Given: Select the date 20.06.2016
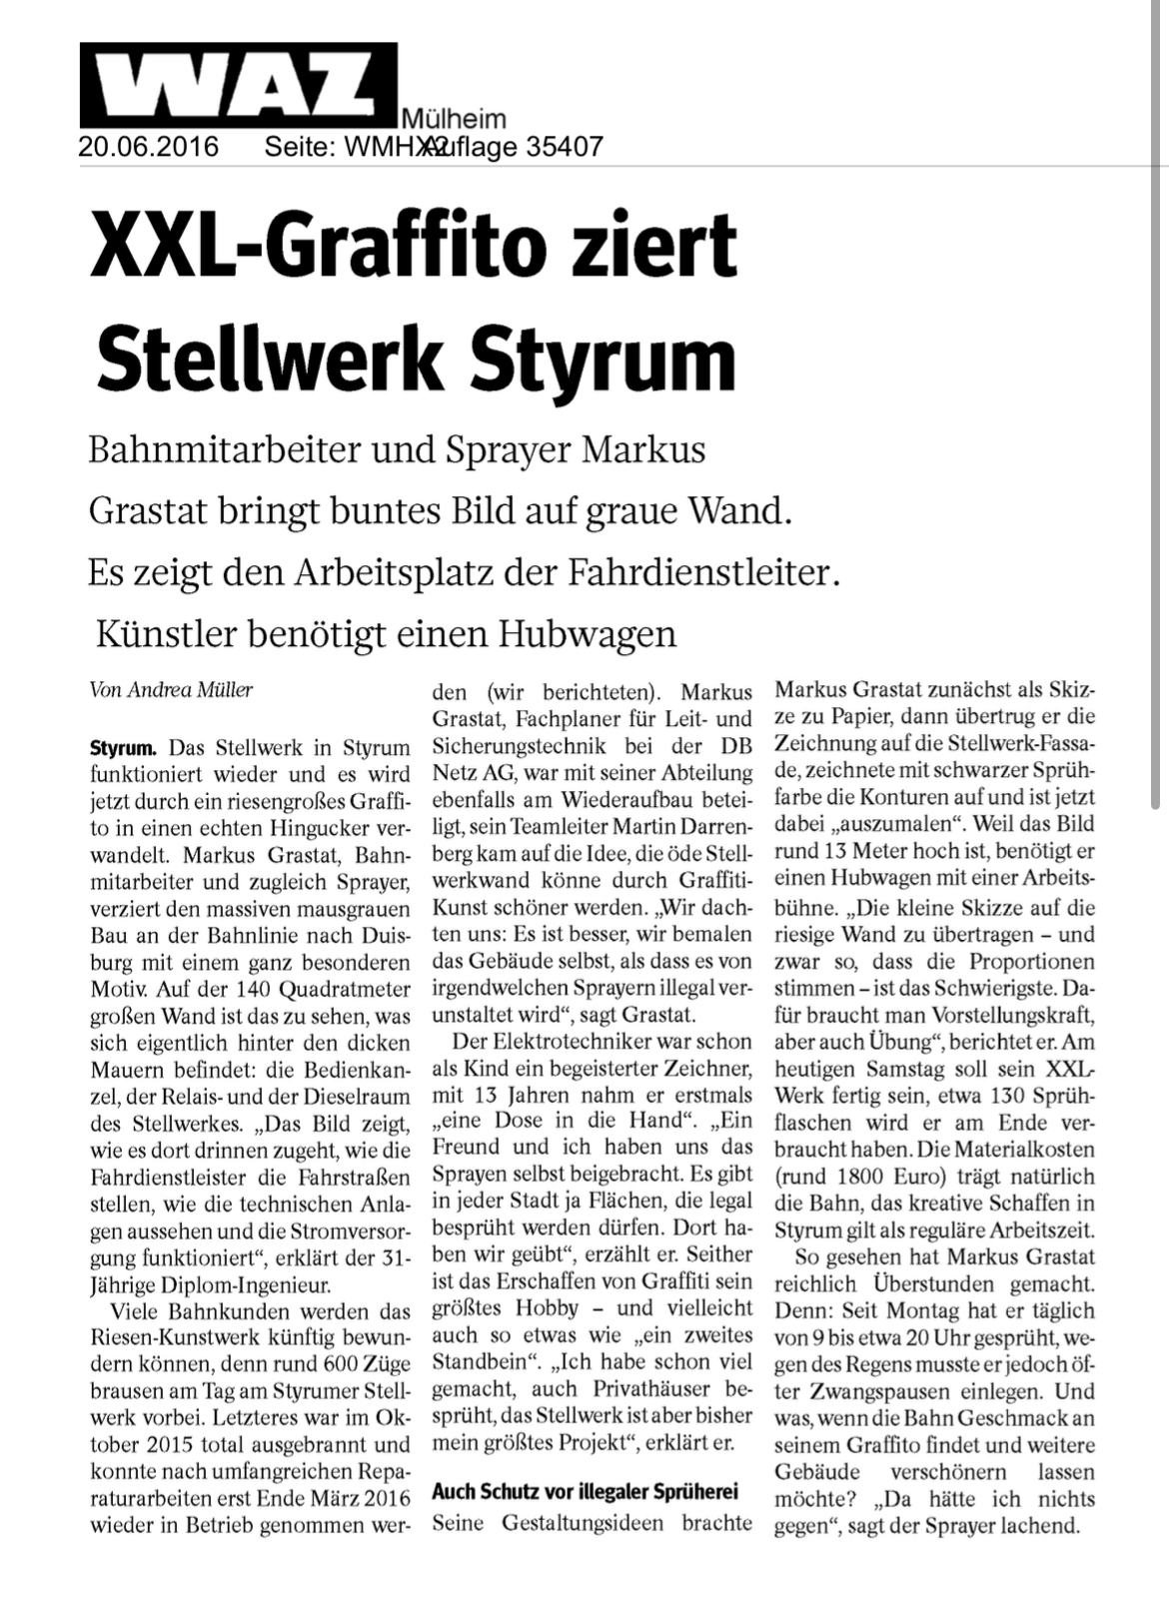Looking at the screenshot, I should tap(148, 148).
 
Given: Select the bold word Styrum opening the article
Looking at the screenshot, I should tap(122, 747).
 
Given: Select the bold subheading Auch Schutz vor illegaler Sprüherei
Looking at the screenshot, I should tap(584, 1491).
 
